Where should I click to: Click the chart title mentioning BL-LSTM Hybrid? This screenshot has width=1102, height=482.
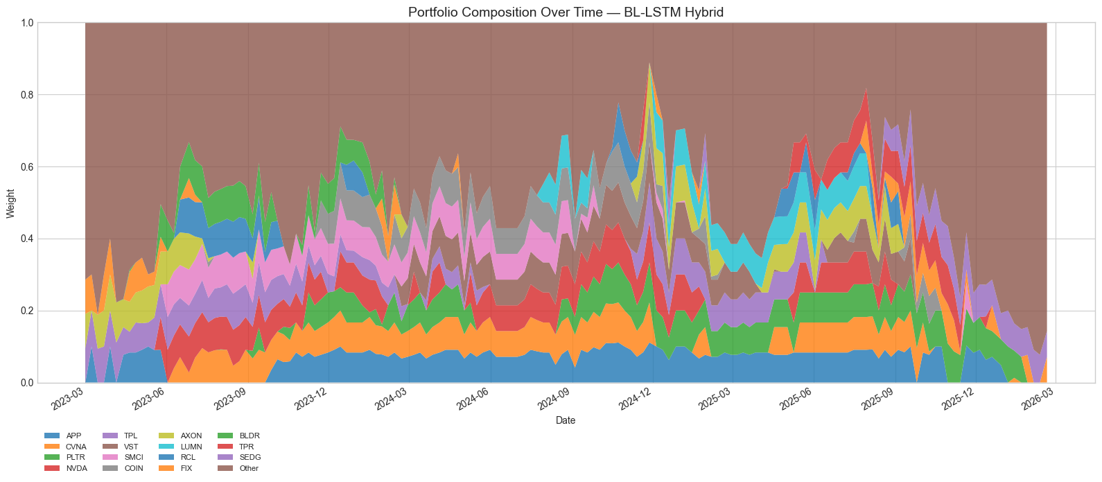566,12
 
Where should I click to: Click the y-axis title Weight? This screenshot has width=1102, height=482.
10,203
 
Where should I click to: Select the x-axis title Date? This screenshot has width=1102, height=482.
566,420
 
